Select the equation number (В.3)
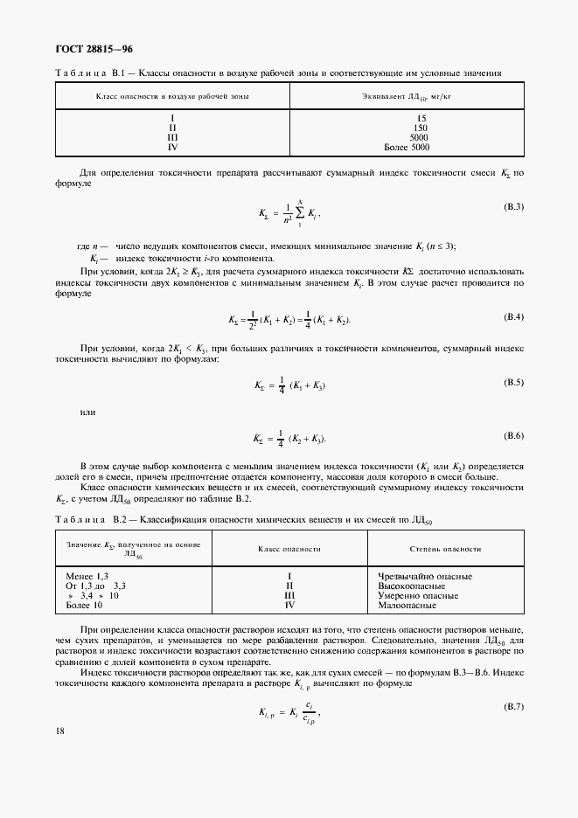512,206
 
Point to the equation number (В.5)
512,383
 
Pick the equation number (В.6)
512,435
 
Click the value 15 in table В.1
421,118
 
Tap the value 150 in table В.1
421,128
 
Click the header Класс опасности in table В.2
289,549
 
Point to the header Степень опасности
445,549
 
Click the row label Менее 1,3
87,577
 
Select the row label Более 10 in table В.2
85,605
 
